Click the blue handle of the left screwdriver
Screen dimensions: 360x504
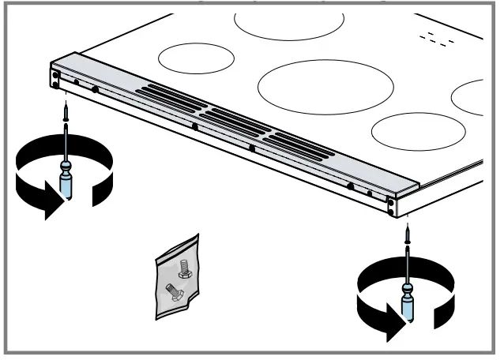(x=66, y=187)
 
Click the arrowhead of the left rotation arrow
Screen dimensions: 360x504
(x=52, y=207)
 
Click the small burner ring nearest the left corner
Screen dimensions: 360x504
(x=197, y=58)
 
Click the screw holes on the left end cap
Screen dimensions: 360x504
(x=55, y=77)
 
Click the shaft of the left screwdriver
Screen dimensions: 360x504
(x=66, y=146)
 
